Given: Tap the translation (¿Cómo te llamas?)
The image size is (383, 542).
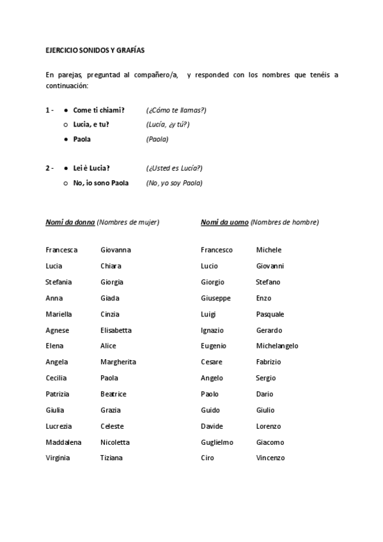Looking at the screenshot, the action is pos(176,110).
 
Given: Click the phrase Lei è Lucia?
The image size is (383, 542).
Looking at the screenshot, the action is pos(91,168).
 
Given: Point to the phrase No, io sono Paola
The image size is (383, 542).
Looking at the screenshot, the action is pos(101,183).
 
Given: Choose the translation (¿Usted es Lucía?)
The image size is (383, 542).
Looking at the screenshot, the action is pos(174,168).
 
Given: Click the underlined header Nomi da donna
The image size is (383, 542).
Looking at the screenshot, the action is pos(70,222).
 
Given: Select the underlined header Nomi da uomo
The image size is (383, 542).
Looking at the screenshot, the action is pos(224,222).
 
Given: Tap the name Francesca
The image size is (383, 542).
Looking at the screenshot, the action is pos(61,250).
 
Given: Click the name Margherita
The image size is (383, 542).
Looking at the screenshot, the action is pos(118,362).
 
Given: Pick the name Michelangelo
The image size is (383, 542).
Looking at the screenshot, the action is pos(277,346).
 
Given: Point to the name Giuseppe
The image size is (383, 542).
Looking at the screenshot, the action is pos(215,298).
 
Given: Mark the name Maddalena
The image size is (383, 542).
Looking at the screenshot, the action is pos(64,442).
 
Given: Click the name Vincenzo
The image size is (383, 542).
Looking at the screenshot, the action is pos(270,458).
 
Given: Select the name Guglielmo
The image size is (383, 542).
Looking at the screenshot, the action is pos(217,442).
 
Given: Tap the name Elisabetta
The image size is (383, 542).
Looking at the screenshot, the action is pos(116,330).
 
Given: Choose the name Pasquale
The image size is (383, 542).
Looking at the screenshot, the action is pos(270,314).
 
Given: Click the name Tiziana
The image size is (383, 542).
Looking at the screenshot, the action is pos(111,458).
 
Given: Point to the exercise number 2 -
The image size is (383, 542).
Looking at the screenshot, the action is pos(49,168).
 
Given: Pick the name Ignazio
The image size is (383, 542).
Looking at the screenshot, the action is pos(212,330).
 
